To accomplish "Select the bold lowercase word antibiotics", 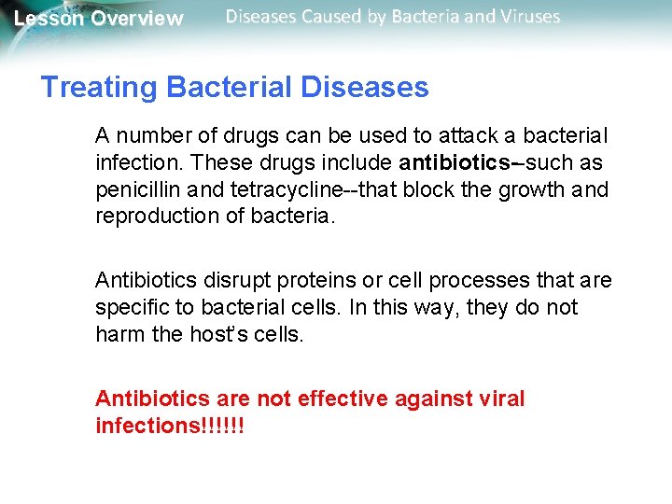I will click(x=448, y=163).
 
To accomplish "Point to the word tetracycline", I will click(x=270, y=190).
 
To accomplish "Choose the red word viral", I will click(x=502, y=399).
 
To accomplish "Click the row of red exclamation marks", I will click(x=223, y=426).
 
